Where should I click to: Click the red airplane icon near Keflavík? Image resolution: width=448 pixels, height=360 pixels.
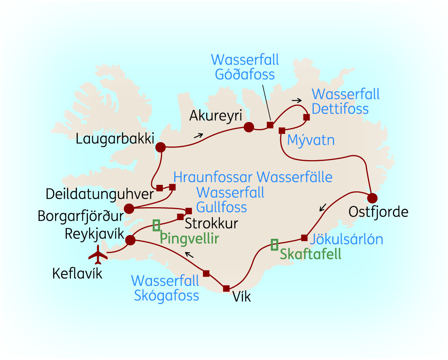pyautogui.click(x=98, y=254)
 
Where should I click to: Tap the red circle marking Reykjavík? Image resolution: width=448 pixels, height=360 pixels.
pyautogui.click(x=130, y=240)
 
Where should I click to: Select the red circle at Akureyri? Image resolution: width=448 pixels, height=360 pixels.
pyautogui.click(x=248, y=127)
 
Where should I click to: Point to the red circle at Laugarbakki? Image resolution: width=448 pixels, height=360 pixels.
pyautogui.click(x=161, y=147)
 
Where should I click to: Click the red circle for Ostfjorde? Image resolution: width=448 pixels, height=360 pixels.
pyautogui.click(x=372, y=198)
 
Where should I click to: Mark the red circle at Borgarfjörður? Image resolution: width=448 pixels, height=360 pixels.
pyautogui.click(x=129, y=209)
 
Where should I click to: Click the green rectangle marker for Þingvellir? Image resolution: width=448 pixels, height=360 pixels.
pyautogui.click(x=156, y=225)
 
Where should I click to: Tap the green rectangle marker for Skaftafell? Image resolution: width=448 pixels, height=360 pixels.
pyautogui.click(x=275, y=244)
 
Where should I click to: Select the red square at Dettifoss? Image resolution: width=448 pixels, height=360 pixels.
pyautogui.click(x=306, y=118)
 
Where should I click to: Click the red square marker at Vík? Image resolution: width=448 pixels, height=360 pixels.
pyautogui.click(x=226, y=288)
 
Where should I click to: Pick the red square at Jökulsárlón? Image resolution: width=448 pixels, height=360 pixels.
pyautogui.click(x=304, y=238)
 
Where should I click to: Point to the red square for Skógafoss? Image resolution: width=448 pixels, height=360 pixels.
pyautogui.click(x=206, y=274)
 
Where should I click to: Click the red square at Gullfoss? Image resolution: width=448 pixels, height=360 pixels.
pyautogui.click(x=188, y=211)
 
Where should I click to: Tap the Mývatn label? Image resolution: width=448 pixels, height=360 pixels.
pyautogui.click(x=311, y=141)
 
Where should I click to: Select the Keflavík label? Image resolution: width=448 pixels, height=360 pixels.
pyautogui.click(x=77, y=274)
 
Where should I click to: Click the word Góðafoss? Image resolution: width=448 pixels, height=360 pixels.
pyautogui.click(x=245, y=75)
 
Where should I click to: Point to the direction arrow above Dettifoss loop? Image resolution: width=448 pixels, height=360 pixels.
pyautogui.click(x=297, y=100)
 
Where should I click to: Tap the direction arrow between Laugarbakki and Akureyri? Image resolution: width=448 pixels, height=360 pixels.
pyautogui.click(x=198, y=136)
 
